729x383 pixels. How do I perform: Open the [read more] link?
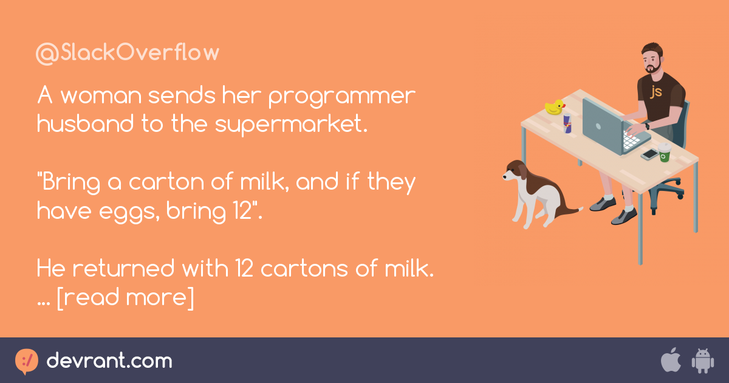[x=125, y=297]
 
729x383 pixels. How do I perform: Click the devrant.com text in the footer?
[x=109, y=361]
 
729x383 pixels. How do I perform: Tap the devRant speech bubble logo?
[x=26, y=361]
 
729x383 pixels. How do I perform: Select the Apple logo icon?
[x=671, y=361]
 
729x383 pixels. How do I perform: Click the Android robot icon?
[x=702, y=361]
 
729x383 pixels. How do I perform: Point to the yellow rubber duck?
[x=555, y=108]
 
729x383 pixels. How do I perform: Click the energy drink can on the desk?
[x=567, y=123]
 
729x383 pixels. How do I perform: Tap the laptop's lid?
[x=601, y=125]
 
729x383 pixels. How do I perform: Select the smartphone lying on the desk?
[x=649, y=154]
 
